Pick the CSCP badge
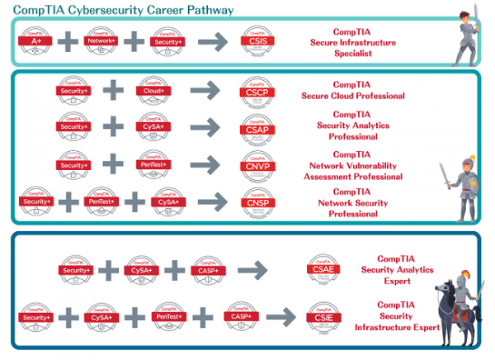255,92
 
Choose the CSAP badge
255,128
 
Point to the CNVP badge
255,165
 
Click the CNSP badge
255,202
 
